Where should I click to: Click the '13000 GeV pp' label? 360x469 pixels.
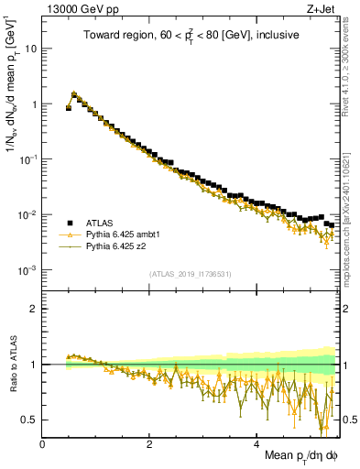75,8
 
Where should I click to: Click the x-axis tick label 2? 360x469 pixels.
149,444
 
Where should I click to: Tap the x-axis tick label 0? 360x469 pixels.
43,444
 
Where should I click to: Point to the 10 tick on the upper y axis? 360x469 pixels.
29,49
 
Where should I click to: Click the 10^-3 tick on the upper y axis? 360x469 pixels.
27,270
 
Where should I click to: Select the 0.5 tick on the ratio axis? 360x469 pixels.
29,420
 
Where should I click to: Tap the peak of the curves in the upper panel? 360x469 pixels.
73,93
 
